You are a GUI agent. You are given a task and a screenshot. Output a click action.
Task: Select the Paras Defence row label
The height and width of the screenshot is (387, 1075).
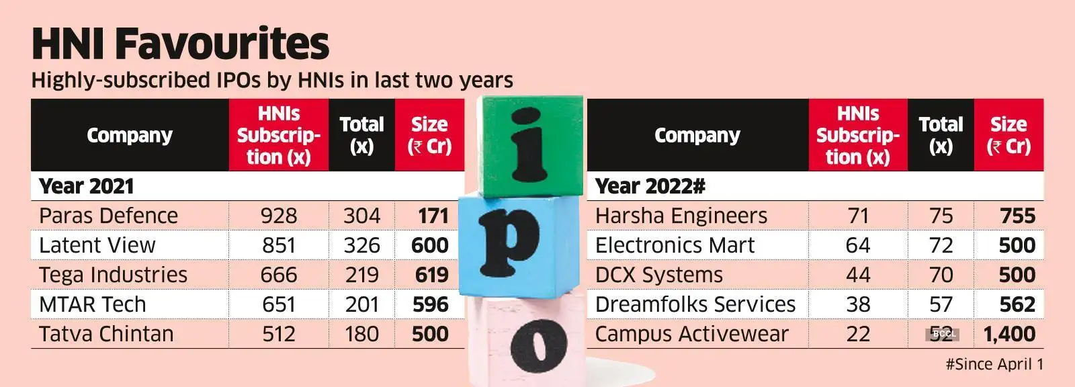pyautogui.click(x=108, y=216)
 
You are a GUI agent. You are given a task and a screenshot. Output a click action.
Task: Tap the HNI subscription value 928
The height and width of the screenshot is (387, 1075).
pyautogui.click(x=279, y=216)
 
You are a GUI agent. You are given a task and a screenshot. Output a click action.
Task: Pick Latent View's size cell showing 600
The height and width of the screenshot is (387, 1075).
pyautogui.click(x=429, y=245)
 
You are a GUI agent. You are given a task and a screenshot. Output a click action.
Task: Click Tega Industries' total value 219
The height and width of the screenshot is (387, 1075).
pyautogui.click(x=361, y=275)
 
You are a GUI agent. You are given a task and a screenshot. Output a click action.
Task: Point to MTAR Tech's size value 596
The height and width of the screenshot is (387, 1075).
pyautogui.click(x=430, y=304)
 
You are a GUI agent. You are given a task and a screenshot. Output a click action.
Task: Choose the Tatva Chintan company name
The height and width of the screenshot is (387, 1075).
pyautogui.click(x=106, y=334)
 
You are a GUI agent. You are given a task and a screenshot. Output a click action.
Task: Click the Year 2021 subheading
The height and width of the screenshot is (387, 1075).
pyautogui.click(x=87, y=186)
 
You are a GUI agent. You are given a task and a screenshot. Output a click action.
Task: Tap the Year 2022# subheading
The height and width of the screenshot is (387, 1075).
pyautogui.click(x=650, y=186)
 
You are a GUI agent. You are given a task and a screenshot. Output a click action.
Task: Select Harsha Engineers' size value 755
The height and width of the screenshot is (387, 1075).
pyautogui.click(x=1017, y=216)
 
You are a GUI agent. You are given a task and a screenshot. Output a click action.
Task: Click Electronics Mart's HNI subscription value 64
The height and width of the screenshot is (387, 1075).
pyautogui.click(x=858, y=245)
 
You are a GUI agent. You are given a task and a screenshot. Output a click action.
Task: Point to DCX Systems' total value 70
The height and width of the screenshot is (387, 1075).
pyautogui.click(x=941, y=275)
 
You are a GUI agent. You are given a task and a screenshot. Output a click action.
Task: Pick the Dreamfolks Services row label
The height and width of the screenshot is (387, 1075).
pyautogui.click(x=695, y=304)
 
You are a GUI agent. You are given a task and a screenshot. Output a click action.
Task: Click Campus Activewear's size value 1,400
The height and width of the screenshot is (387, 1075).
pyautogui.click(x=1008, y=334)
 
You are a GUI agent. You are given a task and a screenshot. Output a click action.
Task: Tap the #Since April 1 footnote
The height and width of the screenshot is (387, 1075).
pyautogui.click(x=994, y=364)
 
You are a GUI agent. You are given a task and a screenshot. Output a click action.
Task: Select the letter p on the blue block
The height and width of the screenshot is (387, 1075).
pyautogui.click(x=511, y=242)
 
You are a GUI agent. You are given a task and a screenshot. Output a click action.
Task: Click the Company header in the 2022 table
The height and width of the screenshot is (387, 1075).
pyautogui.click(x=697, y=135)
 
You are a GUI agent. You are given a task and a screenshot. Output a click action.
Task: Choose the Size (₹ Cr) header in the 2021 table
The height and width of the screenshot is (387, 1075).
pyautogui.click(x=429, y=135)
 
